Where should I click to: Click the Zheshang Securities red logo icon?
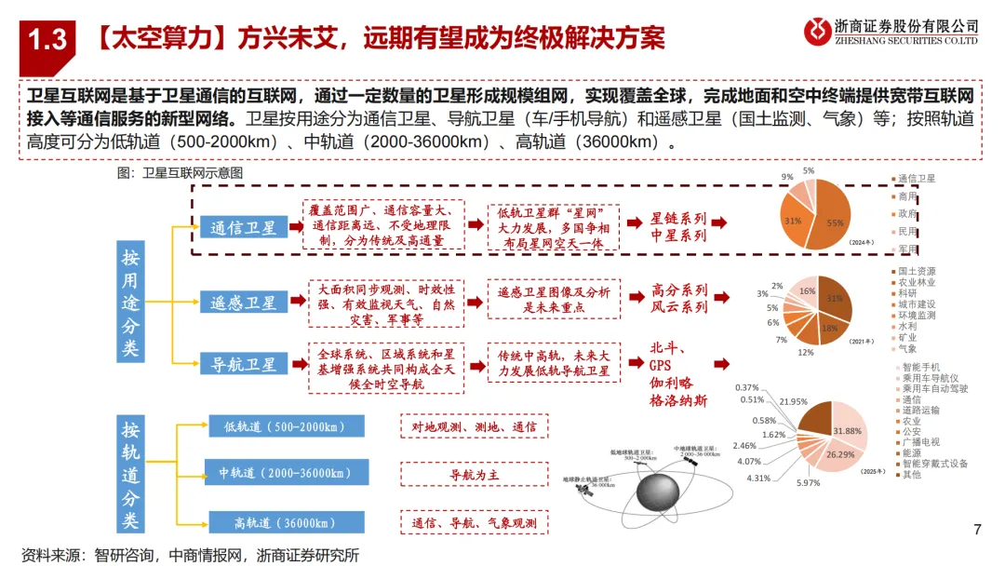[x=818, y=31]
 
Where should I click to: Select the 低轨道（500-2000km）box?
[x=285, y=426]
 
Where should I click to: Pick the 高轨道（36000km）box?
[x=285, y=522]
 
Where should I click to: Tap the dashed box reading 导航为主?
[x=475, y=474]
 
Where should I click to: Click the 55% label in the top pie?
[x=834, y=223]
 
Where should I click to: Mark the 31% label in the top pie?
[x=793, y=221]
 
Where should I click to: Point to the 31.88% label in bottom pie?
[x=847, y=431]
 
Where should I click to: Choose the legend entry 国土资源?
[x=917, y=271]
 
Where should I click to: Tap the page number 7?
[x=976, y=531]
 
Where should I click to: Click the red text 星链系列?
[x=678, y=220]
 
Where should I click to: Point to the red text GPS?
[x=660, y=366]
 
